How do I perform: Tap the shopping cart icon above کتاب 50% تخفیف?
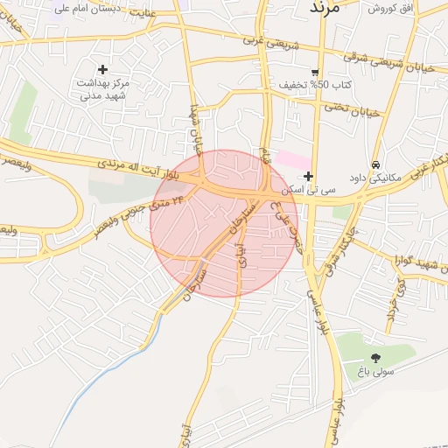pyautogui.click(x=315, y=72)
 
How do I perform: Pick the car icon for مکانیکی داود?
pyautogui.click(x=375, y=164)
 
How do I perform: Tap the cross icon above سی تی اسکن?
pyautogui.click(x=308, y=176)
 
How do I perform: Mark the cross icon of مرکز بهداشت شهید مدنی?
pyautogui.click(x=103, y=68)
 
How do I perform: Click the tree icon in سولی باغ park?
pyautogui.click(x=375, y=357)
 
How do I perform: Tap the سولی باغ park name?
pyautogui.click(x=375, y=372)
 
